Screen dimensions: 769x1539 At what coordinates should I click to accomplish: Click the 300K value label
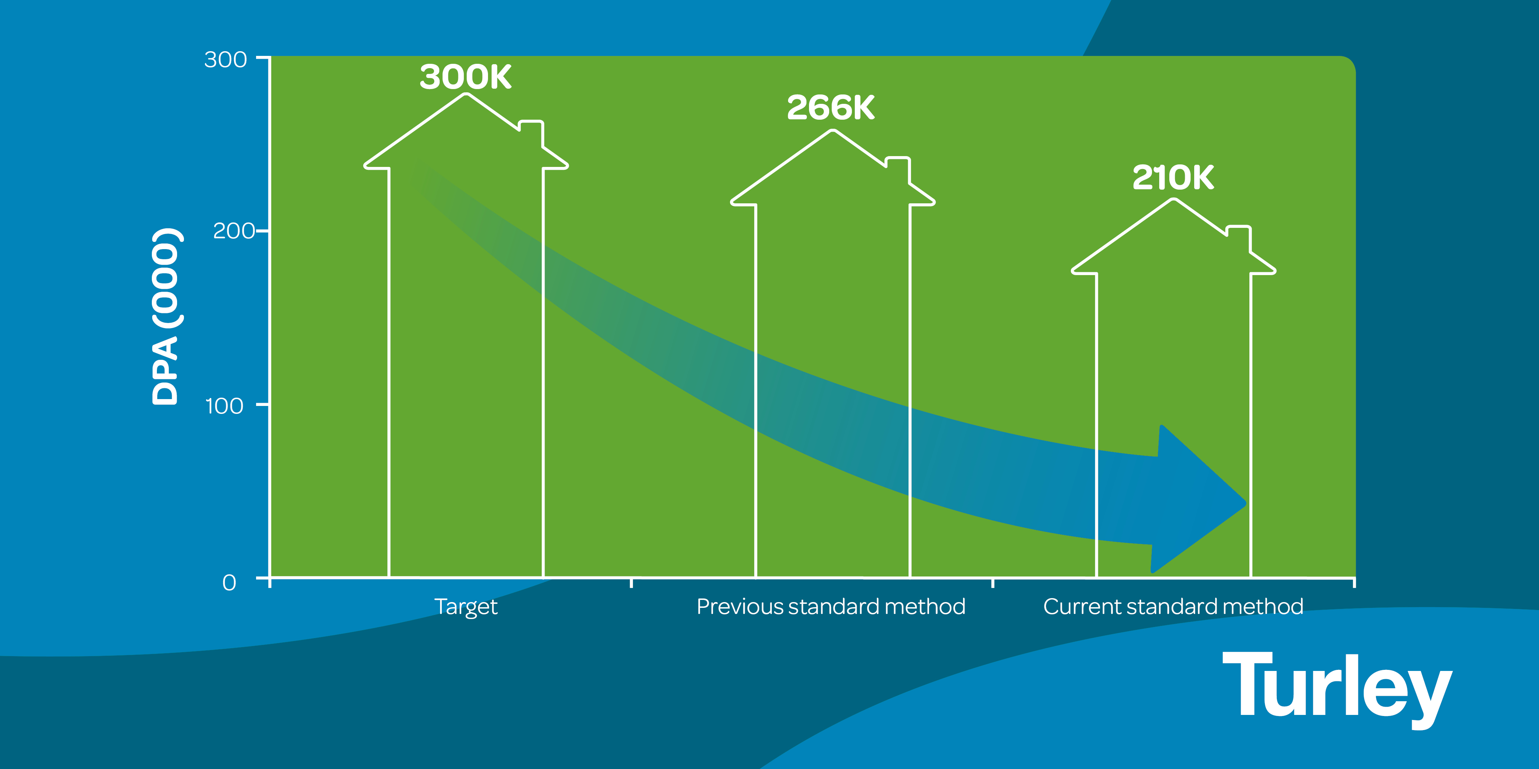pyautogui.click(x=465, y=77)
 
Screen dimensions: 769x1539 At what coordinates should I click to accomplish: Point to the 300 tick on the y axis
pyautogui.click(x=225, y=60)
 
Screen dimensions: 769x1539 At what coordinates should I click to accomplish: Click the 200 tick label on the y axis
pyautogui.click(x=234, y=231)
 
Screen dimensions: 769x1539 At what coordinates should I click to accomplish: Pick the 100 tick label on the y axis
pyautogui.click(x=224, y=406)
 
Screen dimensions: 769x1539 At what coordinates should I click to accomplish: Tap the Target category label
pyautogui.click(x=465, y=607)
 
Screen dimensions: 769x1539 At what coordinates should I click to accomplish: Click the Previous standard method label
pyautogui.click(x=830, y=607)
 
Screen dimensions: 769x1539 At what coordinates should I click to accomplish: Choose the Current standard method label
pyautogui.click(x=1173, y=607)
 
